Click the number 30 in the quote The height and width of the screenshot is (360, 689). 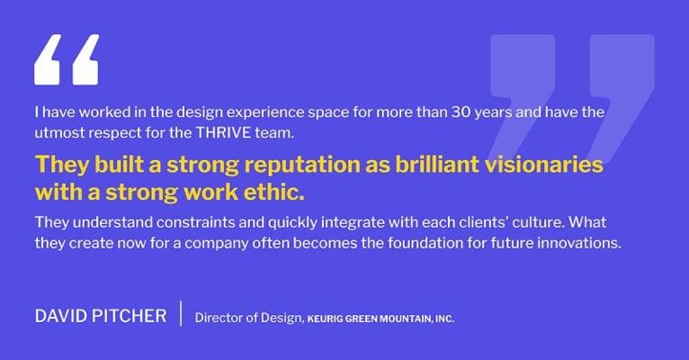pos(461,112)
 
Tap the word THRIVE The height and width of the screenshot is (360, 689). pos(223,132)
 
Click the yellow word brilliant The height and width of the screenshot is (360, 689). pos(437,164)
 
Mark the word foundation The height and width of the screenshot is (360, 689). pos(425,243)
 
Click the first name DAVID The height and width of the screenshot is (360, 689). pos(55,316)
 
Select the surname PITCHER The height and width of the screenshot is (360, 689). pos(122,316)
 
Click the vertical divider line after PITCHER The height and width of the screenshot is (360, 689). pos(181,313)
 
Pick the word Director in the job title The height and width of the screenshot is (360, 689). pos(218,318)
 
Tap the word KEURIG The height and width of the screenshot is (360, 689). pos(325,319)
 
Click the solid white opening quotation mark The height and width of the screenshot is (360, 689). pos(67,59)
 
